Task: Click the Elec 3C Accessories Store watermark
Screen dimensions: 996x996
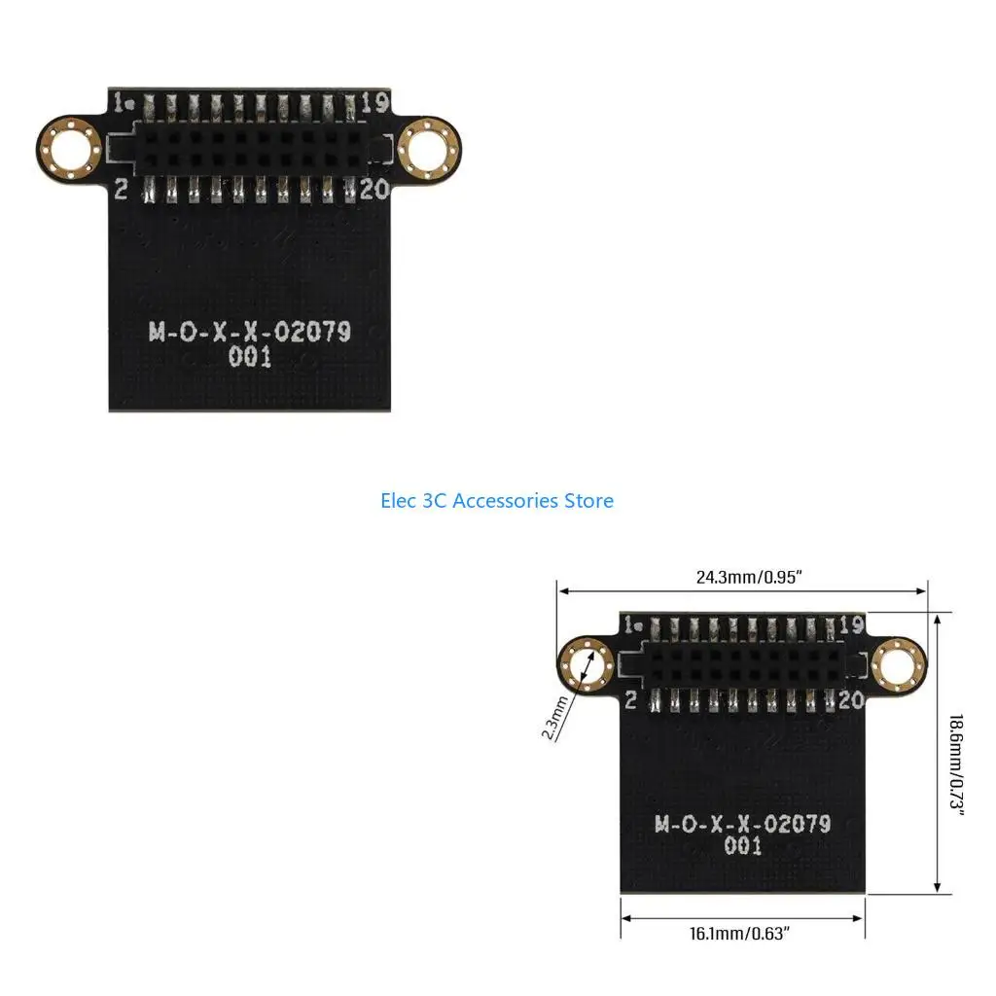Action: (x=497, y=501)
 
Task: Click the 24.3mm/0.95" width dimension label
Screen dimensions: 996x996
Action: (x=748, y=577)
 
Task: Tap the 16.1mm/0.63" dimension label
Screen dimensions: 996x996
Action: (x=739, y=934)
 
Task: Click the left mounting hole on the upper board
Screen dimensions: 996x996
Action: (x=69, y=149)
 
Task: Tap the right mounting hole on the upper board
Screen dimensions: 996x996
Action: (x=429, y=149)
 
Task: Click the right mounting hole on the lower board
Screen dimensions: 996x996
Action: (x=896, y=666)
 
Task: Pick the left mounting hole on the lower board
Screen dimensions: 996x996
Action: (x=587, y=666)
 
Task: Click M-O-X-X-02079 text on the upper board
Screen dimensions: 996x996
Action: (x=250, y=332)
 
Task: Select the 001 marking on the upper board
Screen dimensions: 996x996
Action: (x=250, y=357)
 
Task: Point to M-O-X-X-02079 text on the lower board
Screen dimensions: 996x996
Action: (x=742, y=825)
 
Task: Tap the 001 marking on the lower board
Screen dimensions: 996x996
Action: (x=742, y=847)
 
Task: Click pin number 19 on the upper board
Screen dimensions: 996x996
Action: (x=375, y=101)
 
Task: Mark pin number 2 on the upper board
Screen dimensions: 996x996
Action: (x=121, y=189)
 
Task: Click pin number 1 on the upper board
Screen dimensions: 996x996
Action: (x=120, y=101)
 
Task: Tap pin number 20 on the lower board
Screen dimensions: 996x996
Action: (x=851, y=697)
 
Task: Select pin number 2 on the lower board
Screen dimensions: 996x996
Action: (x=631, y=698)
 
